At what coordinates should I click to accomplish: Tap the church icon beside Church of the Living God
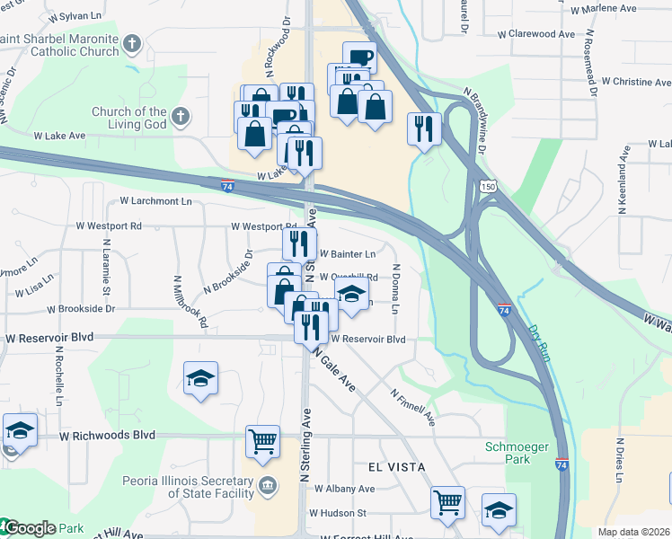pyautogui.click(x=181, y=116)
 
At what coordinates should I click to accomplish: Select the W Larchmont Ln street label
pyautogui.click(x=155, y=201)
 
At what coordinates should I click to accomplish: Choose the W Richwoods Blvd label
pyautogui.click(x=107, y=436)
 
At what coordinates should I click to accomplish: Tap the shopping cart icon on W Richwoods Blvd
pyautogui.click(x=262, y=440)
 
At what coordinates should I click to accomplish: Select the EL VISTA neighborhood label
pyautogui.click(x=394, y=467)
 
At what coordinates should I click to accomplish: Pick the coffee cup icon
pyautogui.click(x=359, y=57)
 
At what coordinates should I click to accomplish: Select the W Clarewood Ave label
pyautogui.click(x=536, y=33)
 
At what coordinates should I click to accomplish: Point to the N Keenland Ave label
pyautogui.click(x=622, y=185)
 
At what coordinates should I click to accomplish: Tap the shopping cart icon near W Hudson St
pyautogui.click(x=447, y=503)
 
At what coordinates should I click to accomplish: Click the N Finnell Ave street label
pyautogui.click(x=412, y=406)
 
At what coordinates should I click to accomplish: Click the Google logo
pyautogui.click(x=29, y=528)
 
